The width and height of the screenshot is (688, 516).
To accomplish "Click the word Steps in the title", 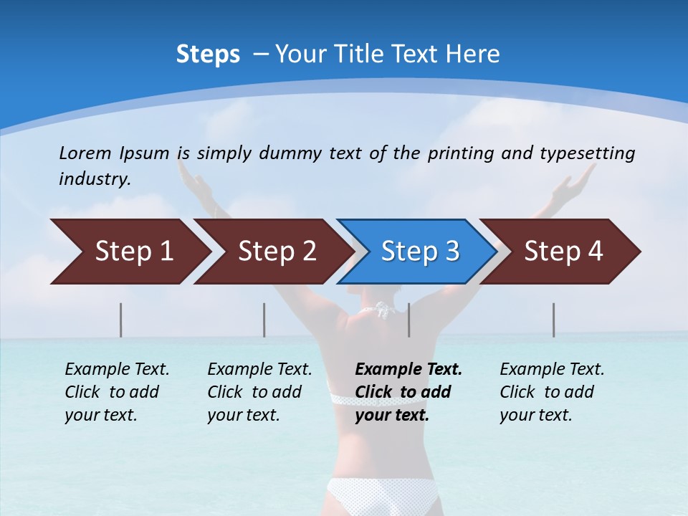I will tap(208, 54).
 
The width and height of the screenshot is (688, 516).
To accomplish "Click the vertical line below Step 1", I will tap(121, 320).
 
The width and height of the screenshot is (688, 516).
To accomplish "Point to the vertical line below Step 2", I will tap(264, 320).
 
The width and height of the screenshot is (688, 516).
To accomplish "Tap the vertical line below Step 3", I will tap(409, 320).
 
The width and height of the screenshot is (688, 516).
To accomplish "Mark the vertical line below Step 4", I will tap(553, 320).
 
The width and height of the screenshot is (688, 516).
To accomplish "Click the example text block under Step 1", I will tap(117, 392).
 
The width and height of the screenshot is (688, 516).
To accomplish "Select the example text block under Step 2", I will tap(259, 392).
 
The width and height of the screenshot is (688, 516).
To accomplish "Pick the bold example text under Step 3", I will tap(408, 392).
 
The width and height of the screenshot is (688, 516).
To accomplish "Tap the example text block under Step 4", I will tap(552, 392).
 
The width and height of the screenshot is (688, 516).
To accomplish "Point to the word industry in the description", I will tap(95, 179).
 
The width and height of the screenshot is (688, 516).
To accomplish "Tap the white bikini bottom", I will tap(381, 494).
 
